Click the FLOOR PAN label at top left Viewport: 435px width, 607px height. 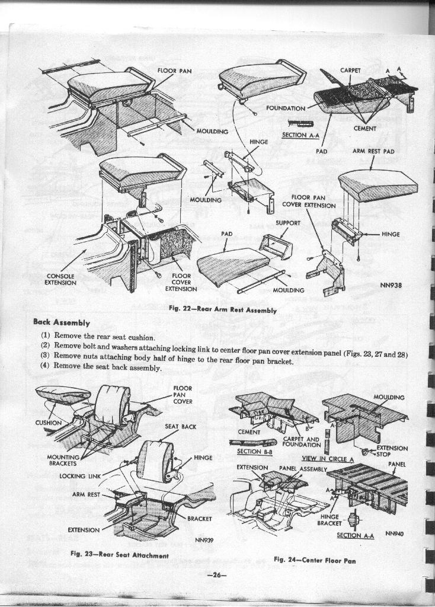pos(174,71)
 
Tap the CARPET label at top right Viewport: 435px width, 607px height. pos(350,70)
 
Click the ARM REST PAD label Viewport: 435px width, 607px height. pos(373,151)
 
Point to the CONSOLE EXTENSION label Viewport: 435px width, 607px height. pos(60,279)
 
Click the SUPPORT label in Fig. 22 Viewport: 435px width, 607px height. pos(288,223)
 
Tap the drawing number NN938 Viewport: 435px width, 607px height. pos(391,285)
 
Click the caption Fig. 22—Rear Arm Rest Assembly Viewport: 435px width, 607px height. pos(222,309)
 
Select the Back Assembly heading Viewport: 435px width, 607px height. pos(62,322)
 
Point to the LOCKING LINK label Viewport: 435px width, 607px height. pos(80,475)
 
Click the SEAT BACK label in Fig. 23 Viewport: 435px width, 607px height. pos(180,426)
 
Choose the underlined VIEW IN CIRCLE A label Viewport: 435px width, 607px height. pos(327,458)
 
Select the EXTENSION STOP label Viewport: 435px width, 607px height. pos(392,452)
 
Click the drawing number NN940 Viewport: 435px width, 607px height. pos(394,533)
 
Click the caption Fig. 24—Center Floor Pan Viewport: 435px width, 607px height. pos(315,560)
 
